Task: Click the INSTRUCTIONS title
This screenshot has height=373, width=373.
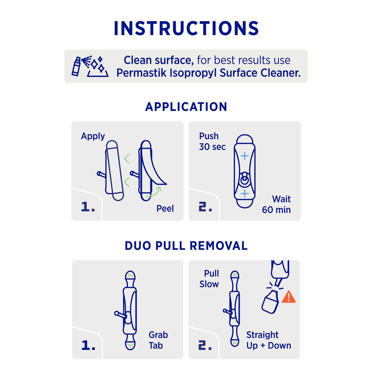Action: (186, 28)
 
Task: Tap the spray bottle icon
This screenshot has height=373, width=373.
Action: (76, 66)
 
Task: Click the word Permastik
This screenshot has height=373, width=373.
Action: (141, 73)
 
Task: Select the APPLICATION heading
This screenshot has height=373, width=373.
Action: (186, 107)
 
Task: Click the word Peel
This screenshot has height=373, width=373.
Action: (165, 209)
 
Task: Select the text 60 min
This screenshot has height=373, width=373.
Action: (276, 210)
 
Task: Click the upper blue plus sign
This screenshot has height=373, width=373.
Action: (245, 156)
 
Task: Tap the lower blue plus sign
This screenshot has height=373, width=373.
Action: (245, 193)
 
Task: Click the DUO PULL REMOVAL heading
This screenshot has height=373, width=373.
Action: (186, 246)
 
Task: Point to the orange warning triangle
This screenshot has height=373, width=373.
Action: (289, 297)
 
